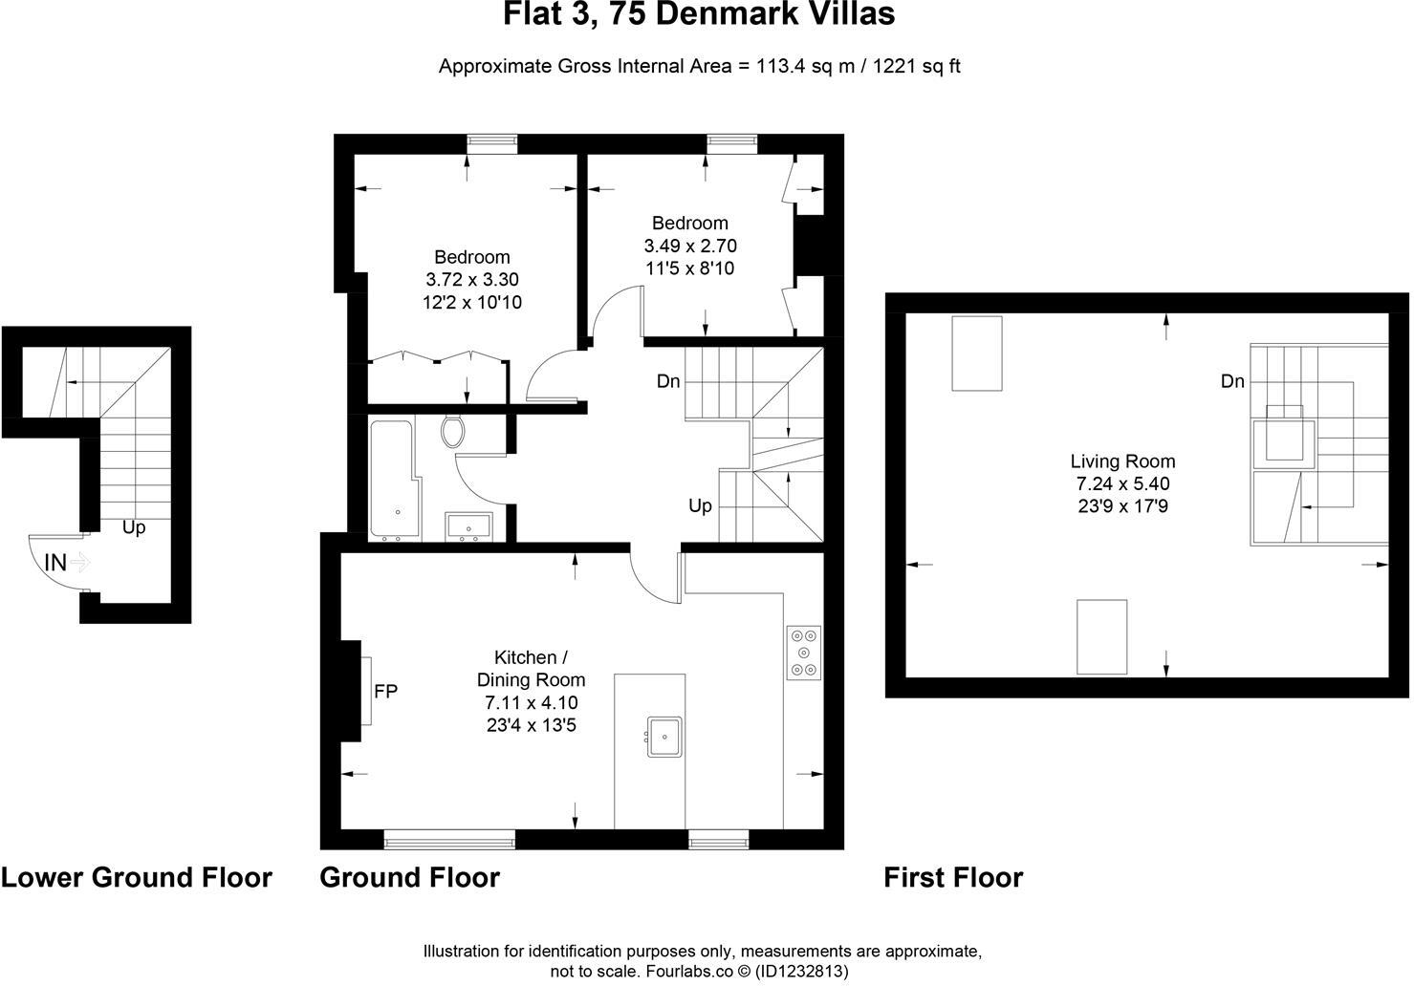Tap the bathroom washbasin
coord(468,526)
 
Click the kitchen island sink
coord(664,736)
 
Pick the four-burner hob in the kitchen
coord(803,653)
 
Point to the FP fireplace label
coord(385,691)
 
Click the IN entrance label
coord(55,563)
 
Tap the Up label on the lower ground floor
coord(134,527)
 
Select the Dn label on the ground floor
coord(668,381)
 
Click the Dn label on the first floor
coord(1232,381)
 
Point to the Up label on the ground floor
coord(700,505)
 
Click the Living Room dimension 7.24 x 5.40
coord(1122,483)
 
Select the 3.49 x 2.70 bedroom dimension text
coord(690,246)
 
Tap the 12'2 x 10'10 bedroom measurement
coord(471,303)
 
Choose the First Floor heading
coord(953,877)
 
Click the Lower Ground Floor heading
coord(137,877)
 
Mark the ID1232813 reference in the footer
coord(801,971)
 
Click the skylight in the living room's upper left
coord(976,354)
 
